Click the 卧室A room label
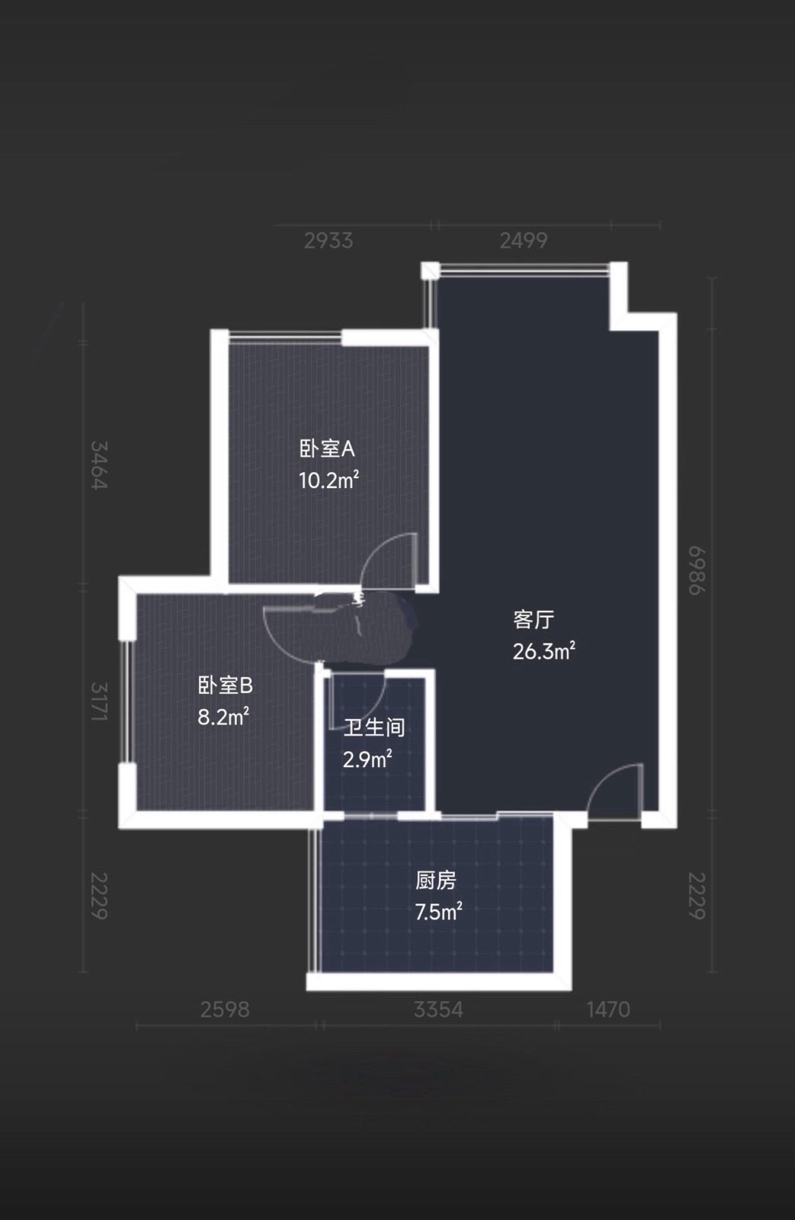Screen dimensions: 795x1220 (x=327, y=449)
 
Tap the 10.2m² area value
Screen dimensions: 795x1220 (x=329, y=480)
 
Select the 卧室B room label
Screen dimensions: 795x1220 (x=226, y=685)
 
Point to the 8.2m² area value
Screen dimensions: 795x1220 (x=223, y=717)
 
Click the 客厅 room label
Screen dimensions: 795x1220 (x=534, y=619)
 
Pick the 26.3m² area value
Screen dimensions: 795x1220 (x=544, y=651)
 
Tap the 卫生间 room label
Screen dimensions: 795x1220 (x=374, y=727)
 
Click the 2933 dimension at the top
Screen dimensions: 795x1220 (x=329, y=241)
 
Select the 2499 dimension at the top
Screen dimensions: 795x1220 (x=524, y=241)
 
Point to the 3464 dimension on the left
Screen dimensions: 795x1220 (x=99, y=465)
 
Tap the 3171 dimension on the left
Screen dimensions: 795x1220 (x=99, y=701)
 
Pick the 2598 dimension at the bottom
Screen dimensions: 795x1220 (x=225, y=1010)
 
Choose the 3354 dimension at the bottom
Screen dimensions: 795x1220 (x=438, y=1010)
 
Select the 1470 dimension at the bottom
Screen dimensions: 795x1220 (x=608, y=1010)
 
